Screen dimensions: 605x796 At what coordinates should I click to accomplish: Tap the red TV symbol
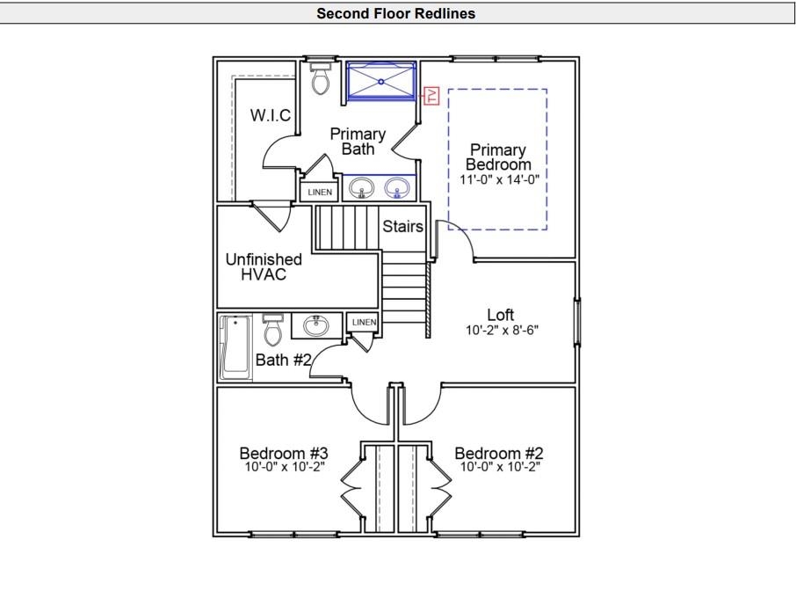click(x=431, y=96)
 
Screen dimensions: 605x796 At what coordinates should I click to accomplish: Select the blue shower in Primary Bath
click(x=381, y=82)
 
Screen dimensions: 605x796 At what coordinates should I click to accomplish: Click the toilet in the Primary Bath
click(x=321, y=79)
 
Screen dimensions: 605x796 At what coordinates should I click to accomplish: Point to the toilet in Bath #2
click(x=272, y=331)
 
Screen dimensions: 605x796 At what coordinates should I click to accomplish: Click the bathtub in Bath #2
click(x=235, y=347)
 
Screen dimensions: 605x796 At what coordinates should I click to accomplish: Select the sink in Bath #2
click(x=316, y=326)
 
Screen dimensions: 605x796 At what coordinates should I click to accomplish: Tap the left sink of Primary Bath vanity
click(x=361, y=187)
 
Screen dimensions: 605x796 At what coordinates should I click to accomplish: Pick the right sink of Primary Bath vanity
click(x=398, y=187)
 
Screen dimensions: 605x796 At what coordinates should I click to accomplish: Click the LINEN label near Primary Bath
click(x=320, y=192)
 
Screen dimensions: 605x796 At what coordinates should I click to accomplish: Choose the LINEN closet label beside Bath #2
click(x=364, y=323)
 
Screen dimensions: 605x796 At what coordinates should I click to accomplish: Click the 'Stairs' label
click(x=402, y=227)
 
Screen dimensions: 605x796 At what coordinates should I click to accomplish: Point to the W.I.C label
click(x=270, y=115)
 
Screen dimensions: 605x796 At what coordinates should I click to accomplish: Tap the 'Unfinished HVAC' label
click(x=264, y=266)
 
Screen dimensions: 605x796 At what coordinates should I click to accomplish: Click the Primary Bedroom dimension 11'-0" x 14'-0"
click(x=498, y=179)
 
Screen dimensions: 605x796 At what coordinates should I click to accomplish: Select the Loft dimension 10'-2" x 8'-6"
click(x=501, y=331)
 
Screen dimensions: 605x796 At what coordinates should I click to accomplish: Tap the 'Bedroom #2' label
click(x=498, y=454)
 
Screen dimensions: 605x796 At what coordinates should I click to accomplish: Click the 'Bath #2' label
click(x=284, y=360)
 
